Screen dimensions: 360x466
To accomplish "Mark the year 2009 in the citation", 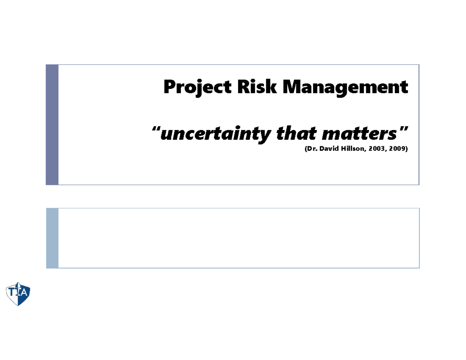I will pos(396,149).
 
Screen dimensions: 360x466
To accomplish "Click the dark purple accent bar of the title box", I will pos(52,125).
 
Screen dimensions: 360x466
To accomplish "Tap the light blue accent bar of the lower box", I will pos(52,238).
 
